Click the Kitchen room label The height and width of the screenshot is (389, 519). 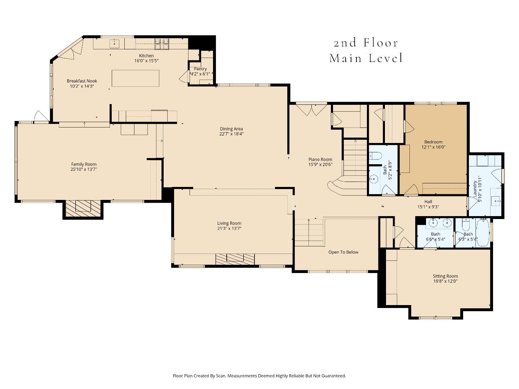coord(146,56)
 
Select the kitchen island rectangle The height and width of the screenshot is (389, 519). coord(136,78)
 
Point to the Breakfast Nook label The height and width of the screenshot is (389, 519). coord(82,81)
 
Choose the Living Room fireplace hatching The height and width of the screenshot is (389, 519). coord(235,259)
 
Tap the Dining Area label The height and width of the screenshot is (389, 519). coord(231,129)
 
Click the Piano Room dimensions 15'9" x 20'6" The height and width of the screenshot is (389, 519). coord(320,164)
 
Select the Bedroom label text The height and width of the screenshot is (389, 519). coord(433,142)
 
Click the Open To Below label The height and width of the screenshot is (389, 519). coord(343,252)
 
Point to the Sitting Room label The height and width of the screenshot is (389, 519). coord(445,276)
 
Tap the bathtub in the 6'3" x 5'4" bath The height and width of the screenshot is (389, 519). coord(483,233)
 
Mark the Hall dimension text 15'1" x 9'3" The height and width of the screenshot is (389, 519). coord(428,207)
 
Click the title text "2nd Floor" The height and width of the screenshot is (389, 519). coord(366,43)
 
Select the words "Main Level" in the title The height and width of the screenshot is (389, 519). coord(366,58)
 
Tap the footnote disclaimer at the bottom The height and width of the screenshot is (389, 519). coord(259,376)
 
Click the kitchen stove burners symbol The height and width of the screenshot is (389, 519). coord(162,44)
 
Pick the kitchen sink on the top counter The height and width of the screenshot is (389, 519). coord(115,44)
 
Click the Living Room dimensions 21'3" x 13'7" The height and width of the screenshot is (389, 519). coord(229,228)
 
